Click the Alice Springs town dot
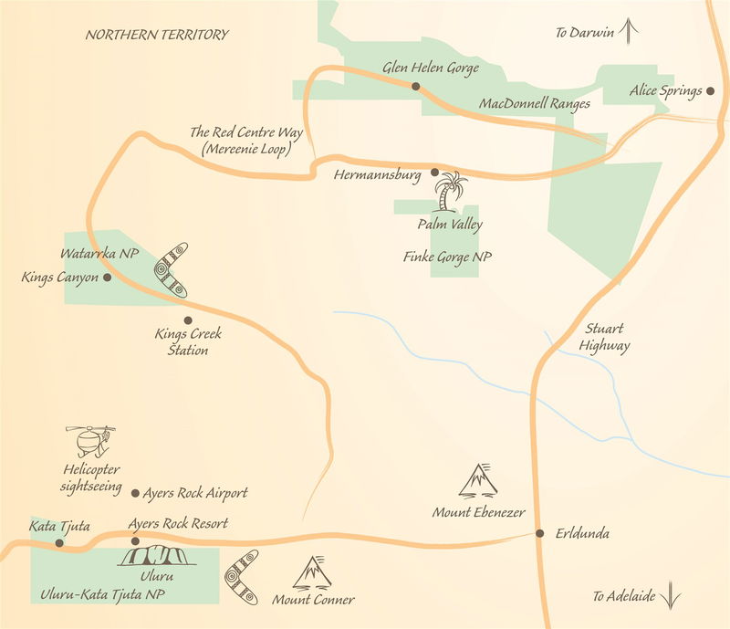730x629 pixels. pos(710,91)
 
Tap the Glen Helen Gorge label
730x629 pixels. pos(432,68)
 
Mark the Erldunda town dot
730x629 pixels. pos(540,533)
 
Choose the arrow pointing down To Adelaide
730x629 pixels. pos(672,595)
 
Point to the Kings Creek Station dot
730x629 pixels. pos(188,320)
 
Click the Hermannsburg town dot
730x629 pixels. pos(434,172)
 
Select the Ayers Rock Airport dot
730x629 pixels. pos(135,493)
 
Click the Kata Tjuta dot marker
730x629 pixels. pos(59,542)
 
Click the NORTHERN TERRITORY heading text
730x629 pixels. pos(157,35)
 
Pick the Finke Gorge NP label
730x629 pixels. pos(447,258)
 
